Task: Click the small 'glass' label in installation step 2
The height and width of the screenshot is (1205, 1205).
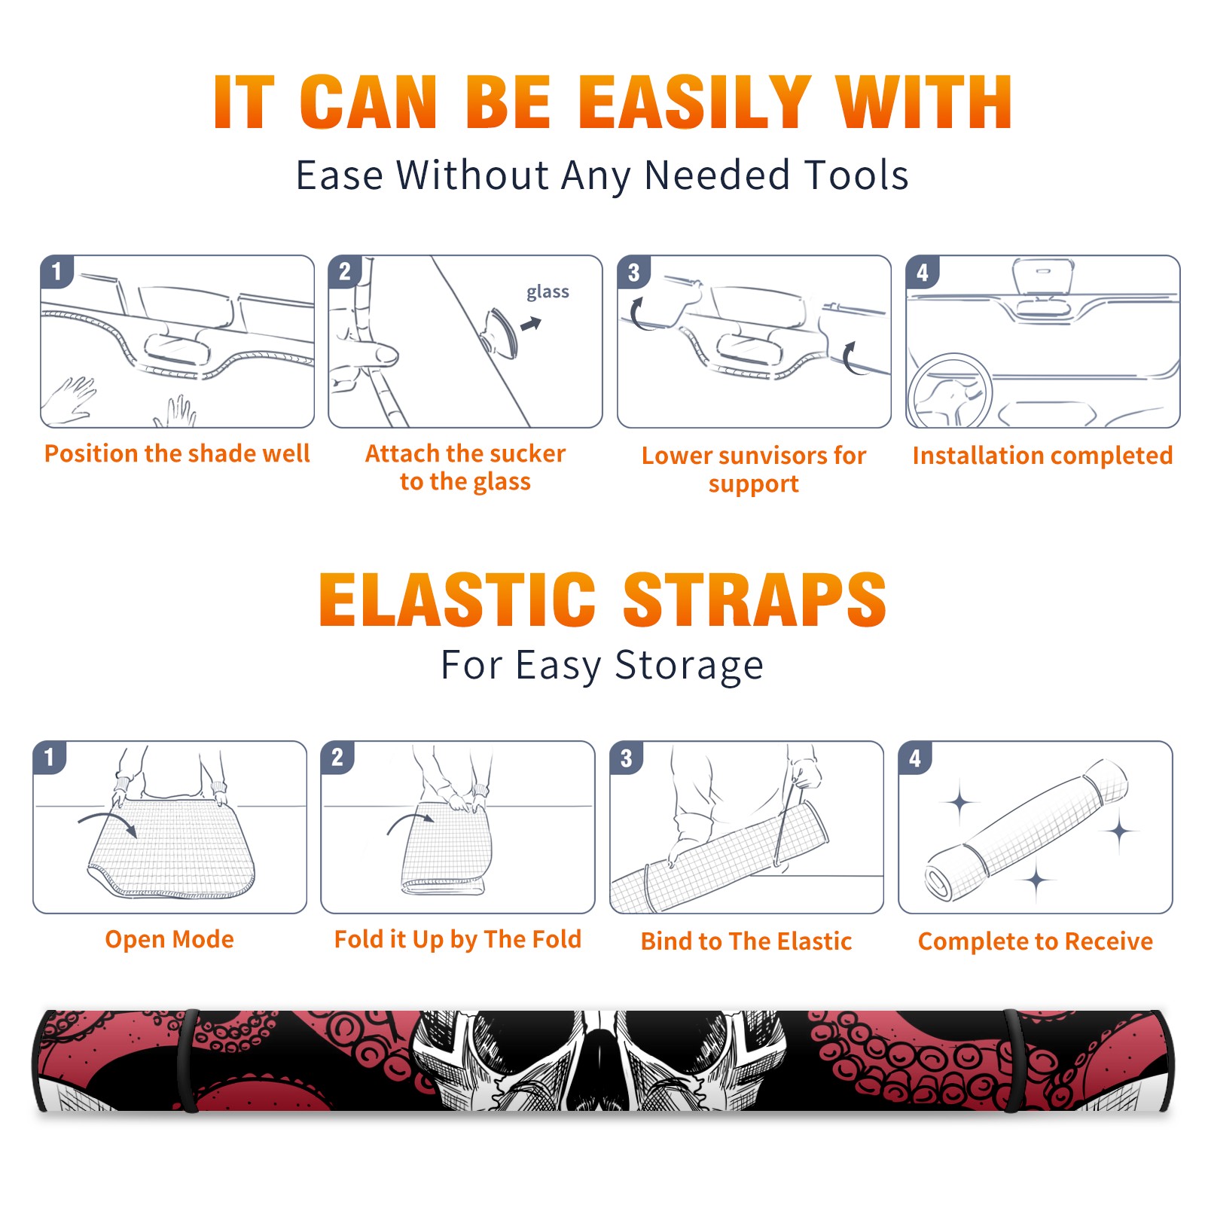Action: click(548, 292)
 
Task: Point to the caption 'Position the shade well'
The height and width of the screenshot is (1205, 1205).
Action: click(177, 453)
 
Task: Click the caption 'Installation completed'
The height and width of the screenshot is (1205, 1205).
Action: click(1042, 455)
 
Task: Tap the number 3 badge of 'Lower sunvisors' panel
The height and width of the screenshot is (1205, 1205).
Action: click(633, 272)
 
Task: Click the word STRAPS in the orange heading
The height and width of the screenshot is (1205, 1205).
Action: click(755, 599)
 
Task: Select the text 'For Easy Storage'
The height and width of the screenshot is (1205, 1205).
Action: click(602, 665)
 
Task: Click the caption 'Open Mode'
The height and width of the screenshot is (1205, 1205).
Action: click(169, 939)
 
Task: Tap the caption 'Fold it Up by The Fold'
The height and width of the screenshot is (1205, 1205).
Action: click(458, 940)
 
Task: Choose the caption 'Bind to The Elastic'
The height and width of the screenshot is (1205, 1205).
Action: click(746, 941)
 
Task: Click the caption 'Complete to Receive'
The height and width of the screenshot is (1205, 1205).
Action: click(1036, 941)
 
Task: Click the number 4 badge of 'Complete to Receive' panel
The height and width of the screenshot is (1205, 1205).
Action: click(915, 758)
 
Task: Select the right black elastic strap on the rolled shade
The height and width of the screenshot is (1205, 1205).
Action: click(1014, 1060)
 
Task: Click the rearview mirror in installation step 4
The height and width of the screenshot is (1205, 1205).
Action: click(1043, 277)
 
